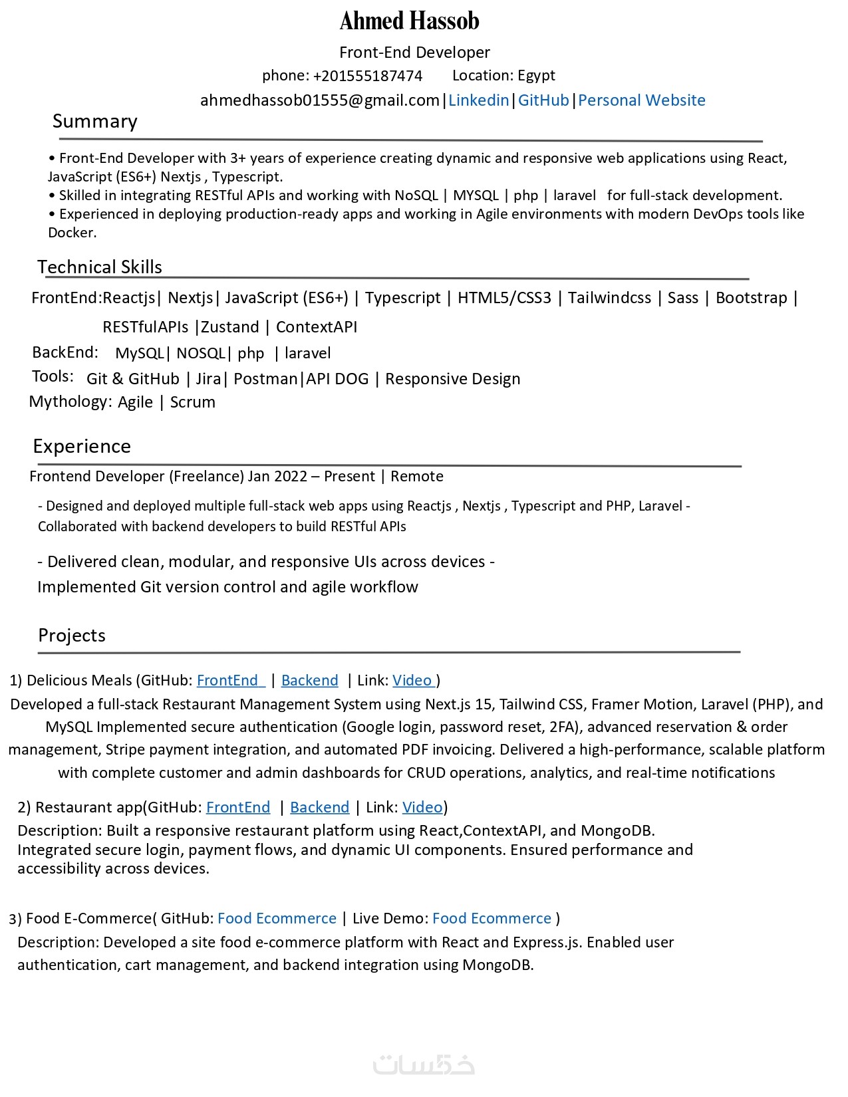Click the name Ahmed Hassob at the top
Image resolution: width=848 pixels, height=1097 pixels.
click(409, 21)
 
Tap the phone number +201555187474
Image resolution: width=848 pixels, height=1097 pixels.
click(367, 76)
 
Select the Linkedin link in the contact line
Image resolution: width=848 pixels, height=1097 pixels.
click(478, 100)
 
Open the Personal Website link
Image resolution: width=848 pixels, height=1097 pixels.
click(641, 100)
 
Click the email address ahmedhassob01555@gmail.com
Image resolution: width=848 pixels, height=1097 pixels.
click(320, 100)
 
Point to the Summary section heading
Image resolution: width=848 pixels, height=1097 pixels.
click(95, 122)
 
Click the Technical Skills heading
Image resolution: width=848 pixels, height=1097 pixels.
click(100, 267)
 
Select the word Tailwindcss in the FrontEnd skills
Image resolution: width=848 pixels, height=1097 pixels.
click(609, 298)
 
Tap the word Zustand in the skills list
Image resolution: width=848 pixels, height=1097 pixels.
click(230, 327)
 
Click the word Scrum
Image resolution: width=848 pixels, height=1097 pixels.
click(193, 402)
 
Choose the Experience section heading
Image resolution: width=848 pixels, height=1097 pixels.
click(82, 446)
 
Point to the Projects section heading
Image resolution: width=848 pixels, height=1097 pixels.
click(72, 636)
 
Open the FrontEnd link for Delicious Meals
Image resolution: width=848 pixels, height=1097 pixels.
click(230, 681)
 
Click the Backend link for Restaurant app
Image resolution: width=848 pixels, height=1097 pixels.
click(319, 808)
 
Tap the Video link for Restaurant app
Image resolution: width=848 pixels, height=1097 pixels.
click(422, 808)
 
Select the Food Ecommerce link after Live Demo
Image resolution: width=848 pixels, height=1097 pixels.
click(492, 919)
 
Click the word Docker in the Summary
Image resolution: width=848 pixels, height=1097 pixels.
click(71, 233)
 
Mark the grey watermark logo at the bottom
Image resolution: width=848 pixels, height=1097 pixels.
click(424, 1064)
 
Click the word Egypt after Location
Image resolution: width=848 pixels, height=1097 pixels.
click(536, 76)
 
